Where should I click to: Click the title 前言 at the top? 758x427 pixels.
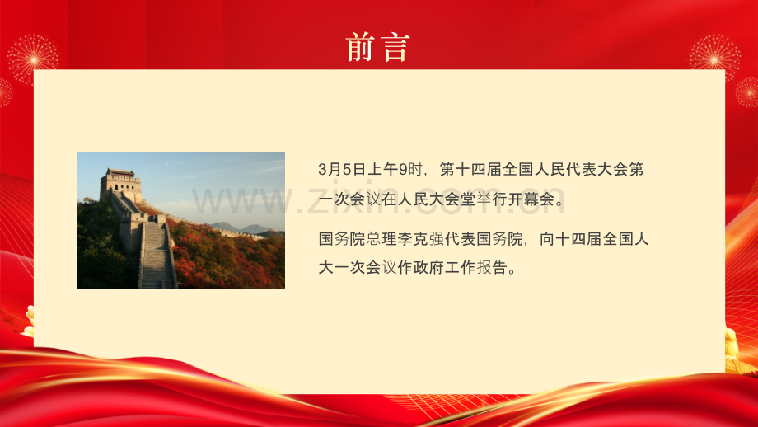tap(377, 47)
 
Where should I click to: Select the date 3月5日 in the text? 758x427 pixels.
tap(341, 170)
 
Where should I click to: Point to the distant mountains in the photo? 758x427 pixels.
tap(235, 228)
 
